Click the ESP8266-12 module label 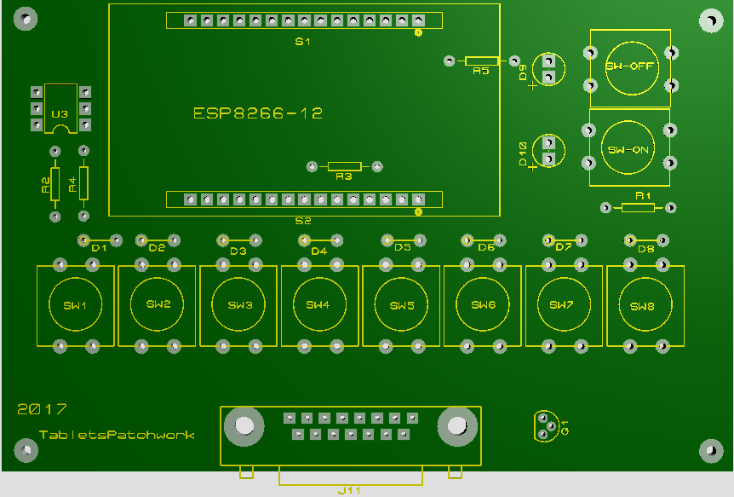pyautogui.click(x=258, y=113)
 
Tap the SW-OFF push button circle pyautogui.click(x=629, y=66)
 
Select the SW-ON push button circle pyautogui.click(x=629, y=148)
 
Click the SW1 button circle pyautogui.click(x=76, y=305)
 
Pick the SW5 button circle pyautogui.click(x=402, y=305)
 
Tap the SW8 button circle pyautogui.click(x=645, y=306)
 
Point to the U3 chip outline pyautogui.click(x=60, y=108)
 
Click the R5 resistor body pyautogui.click(x=482, y=61)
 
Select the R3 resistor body pyautogui.click(x=345, y=166)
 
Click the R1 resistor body pyautogui.click(x=638, y=207)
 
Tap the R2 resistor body pyautogui.click(x=54, y=183)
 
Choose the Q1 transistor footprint pyautogui.click(x=545, y=426)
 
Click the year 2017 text pyautogui.click(x=42, y=409)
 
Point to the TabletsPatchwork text pyautogui.click(x=117, y=435)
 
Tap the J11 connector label pyautogui.click(x=350, y=490)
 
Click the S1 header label pyautogui.click(x=303, y=42)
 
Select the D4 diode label pyautogui.click(x=318, y=251)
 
